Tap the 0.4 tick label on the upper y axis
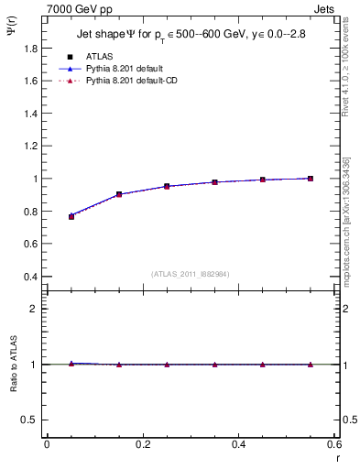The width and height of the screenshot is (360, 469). click(x=29, y=277)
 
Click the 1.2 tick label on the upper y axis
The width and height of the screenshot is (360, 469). click(x=29, y=147)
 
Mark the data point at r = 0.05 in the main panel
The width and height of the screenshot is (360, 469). click(x=71, y=216)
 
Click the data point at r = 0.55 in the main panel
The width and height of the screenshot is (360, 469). click(x=311, y=178)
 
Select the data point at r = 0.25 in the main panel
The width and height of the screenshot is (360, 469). click(x=167, y=186)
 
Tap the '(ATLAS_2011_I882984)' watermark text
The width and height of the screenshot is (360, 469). click(x=191, y=273)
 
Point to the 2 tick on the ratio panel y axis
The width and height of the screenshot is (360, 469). click(x=34, y=309)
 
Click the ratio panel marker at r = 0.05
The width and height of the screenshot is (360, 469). click(x=71, y=364)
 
